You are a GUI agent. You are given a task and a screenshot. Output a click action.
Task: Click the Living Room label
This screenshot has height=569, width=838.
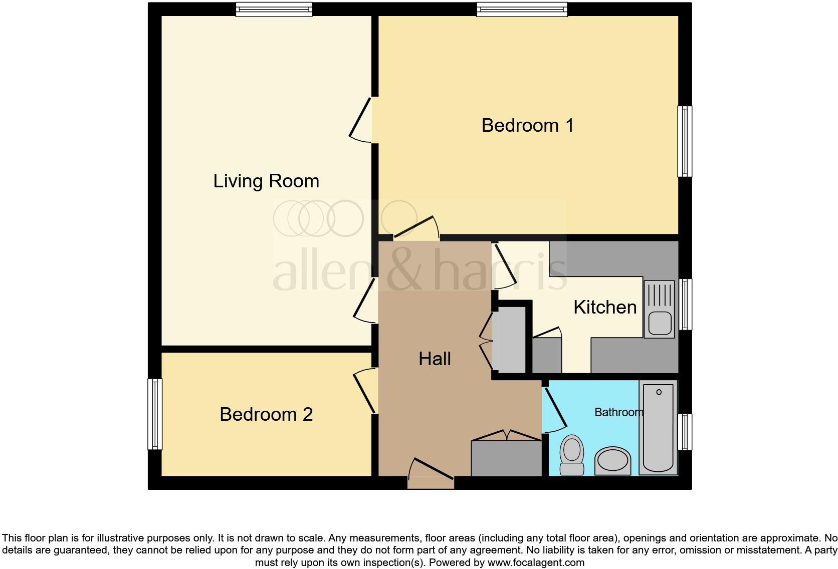tap(266, 181)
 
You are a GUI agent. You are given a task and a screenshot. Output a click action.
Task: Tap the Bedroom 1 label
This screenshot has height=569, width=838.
tap(527, 125)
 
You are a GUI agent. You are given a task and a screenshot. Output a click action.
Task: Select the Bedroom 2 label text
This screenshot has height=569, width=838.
tap(266, 414)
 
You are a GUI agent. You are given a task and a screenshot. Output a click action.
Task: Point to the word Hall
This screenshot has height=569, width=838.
tap(435, 359)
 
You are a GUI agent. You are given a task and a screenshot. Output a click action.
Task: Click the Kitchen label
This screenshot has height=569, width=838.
tap(605, 307)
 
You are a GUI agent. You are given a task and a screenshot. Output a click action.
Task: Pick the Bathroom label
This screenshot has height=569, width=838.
tap(618, 412)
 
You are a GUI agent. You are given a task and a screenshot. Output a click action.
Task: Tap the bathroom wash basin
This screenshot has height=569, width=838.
tap(613, 461)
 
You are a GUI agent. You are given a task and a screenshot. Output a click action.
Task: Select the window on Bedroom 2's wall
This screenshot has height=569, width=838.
tap(155, 414)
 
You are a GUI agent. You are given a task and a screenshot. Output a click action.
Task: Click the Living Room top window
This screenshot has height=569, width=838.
tap(274, 10)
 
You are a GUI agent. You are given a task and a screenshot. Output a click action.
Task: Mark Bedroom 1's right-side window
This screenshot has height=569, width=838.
tap(685, 141)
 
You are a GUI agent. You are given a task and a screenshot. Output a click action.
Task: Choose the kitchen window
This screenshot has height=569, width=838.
tap(685, 304)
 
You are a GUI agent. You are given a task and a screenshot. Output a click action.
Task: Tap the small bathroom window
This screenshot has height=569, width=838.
tap(685, 432)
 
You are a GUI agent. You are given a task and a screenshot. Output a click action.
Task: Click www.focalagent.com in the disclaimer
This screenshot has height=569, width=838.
tap(535, 562)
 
